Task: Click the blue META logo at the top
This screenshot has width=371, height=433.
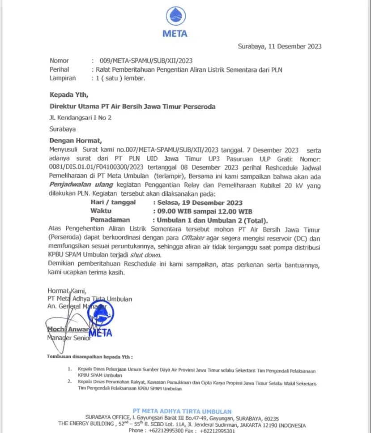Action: [x=175, y=22]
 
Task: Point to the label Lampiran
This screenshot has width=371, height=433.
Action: [x=62, y=78]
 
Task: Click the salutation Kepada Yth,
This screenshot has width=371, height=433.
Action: [x=69, y=94]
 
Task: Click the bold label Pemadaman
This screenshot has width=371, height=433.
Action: [x=110, y=220]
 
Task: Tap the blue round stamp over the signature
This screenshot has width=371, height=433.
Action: [x=100, y=316]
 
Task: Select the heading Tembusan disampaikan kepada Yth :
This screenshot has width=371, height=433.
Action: [x=90, y=357]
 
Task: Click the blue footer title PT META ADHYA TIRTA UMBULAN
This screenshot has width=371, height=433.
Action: [x=182, y=411]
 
